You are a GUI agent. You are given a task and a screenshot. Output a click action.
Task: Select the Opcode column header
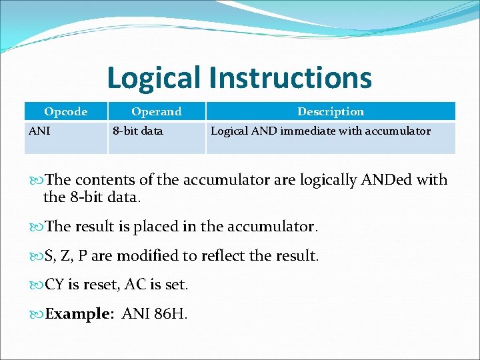[x=65, y=111]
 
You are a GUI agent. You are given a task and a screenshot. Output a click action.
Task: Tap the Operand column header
[x=156, y=111]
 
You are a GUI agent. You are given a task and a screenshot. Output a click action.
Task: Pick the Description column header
[x=331, y=111]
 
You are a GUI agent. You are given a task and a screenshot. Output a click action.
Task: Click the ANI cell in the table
[x=39, y=131]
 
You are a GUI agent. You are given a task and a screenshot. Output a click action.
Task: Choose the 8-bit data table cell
[x=137, y=131]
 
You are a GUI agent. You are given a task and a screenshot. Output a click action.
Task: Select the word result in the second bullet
[x=100, y=227]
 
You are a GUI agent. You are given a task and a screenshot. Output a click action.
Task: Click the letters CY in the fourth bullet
[x=55, y=285]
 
